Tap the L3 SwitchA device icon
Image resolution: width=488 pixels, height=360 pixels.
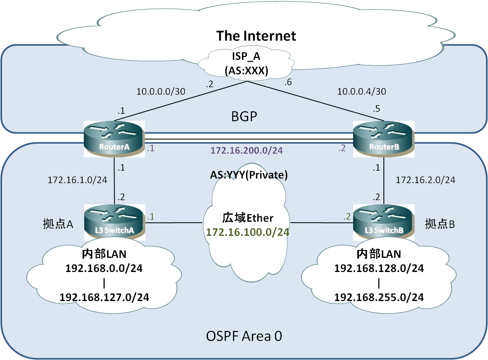pyautogui.click(x=115, y=222)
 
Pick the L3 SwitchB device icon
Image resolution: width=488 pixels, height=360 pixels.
pyautogui.click(x=384, y=222)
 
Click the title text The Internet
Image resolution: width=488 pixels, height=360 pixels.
pyautogui.click(x=256, y=36)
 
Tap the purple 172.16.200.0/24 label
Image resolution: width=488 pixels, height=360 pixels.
pyautogui.click(x=246, y=150)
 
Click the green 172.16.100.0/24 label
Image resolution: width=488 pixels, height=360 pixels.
pyautogui.click(x=248, y=232)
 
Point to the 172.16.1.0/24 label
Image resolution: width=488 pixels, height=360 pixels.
pyautogui.click(x=78, y=180)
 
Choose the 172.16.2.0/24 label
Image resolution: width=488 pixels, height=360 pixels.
pyautogui.click(x=425, y=180)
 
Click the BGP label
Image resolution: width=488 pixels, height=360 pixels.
pyautogui.click(x=244, y=117)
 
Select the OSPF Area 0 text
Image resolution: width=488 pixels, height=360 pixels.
pyautogui.click(x=244, y=336)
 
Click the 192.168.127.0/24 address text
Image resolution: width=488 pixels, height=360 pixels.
pyautogui.click(x=105, y=297)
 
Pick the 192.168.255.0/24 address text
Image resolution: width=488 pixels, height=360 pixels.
pyautogui.click(x=379, y=297)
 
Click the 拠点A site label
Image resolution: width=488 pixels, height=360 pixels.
pyautogui.click(x=58, y=224)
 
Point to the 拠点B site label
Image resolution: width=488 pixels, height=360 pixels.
pyautogui.click(x=440, y=224)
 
